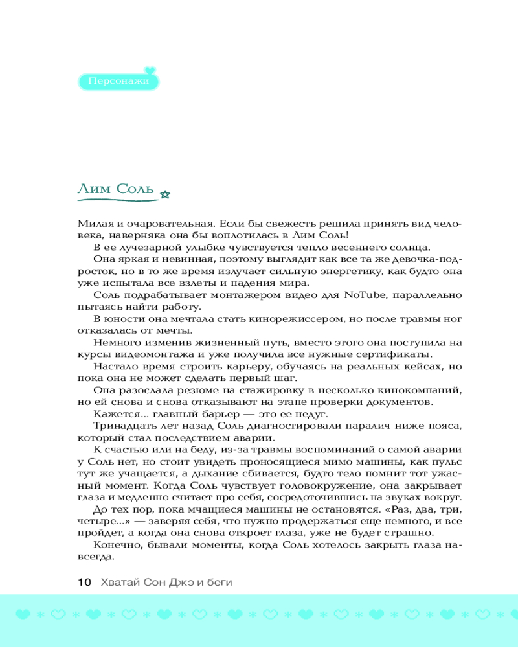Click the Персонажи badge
(x=118, y=82)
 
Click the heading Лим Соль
(x=115, y=189)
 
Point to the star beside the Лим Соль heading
(x=164, y=193)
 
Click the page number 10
(x=84, y=582)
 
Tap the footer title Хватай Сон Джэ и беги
(x=166, y=582)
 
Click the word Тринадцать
(x=121, y=425)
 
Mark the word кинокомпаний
(x=421, y=390)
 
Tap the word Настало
(x=114, y=366)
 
